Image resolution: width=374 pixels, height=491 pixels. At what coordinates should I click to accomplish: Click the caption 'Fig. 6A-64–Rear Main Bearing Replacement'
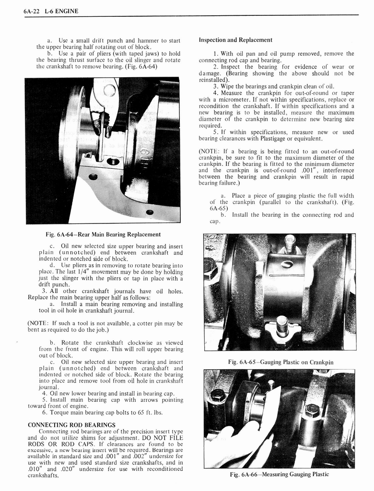tap(103, 234)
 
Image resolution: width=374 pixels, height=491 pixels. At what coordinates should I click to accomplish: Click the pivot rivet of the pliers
tap(109, 89)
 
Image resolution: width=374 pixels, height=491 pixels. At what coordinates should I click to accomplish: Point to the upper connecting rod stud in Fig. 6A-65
tap(289, 243)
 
